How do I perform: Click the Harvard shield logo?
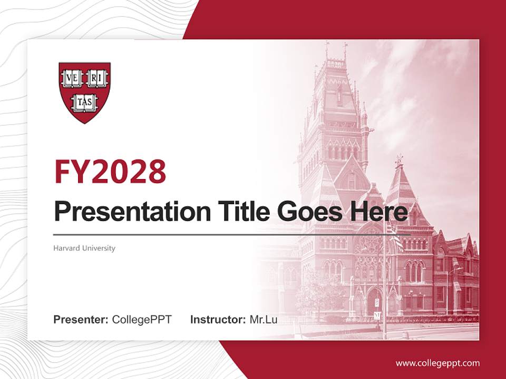84,93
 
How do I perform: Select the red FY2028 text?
110,172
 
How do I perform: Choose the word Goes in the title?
308,212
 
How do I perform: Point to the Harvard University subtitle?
84,248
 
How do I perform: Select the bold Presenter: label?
81,320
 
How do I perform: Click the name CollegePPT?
142,320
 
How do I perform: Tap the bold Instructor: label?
218,320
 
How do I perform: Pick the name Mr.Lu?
264,320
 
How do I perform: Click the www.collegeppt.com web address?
437,363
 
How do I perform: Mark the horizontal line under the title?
232,234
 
